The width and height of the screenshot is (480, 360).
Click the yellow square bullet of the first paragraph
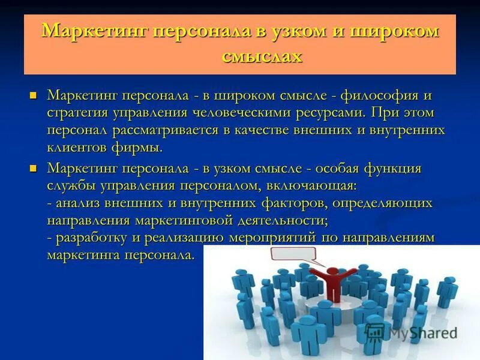(x=34, y=95)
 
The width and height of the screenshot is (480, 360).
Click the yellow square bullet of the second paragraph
(x=34, y=168)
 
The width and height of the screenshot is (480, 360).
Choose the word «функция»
(x=391, y=169)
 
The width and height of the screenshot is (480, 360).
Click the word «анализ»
(x=80, y=203)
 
